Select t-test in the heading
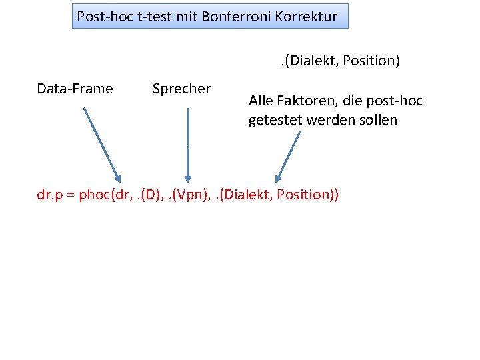[155, 16]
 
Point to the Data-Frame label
[75, 89]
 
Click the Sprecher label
[181, 89]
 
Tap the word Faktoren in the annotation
[305, 101]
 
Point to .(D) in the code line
[148, 195]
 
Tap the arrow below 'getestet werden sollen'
[289, 156]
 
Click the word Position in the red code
[304, 195]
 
